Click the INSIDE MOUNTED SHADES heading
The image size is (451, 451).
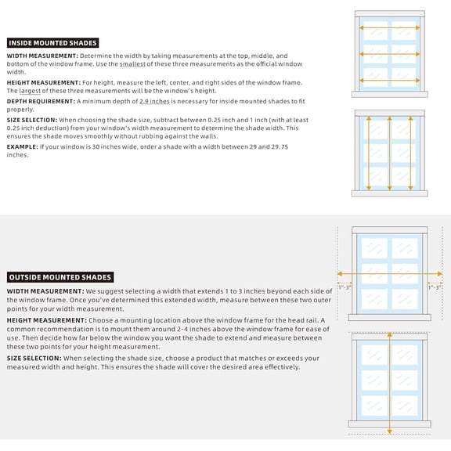click(52, 43)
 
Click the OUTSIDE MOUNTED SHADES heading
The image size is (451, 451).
click(60, 277)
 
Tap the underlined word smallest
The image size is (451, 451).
click(132, 64)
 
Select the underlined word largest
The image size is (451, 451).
click(30, 91)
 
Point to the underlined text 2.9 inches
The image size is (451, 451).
click(154, 101)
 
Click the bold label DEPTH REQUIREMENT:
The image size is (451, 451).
click(41, 101)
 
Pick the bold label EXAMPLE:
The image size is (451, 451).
click(23, 146)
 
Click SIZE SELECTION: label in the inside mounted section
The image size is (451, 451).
click(32, 120)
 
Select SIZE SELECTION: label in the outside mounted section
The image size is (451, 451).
click(34, 358)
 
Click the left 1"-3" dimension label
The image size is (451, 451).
click(345, 287)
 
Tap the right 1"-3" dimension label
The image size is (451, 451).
click(435, 287)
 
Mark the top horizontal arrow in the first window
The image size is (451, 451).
click(390, 28)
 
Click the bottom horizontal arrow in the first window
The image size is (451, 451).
click(390, 81)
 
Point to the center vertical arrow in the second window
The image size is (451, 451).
click(390, 153)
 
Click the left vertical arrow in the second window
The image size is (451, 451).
click(369, 153)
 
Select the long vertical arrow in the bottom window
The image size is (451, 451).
click(390, 383)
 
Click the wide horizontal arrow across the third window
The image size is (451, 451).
click(390, 274)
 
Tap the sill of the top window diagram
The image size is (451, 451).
click(390, 94)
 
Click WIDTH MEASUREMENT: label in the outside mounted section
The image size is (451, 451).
click(45, 291)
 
